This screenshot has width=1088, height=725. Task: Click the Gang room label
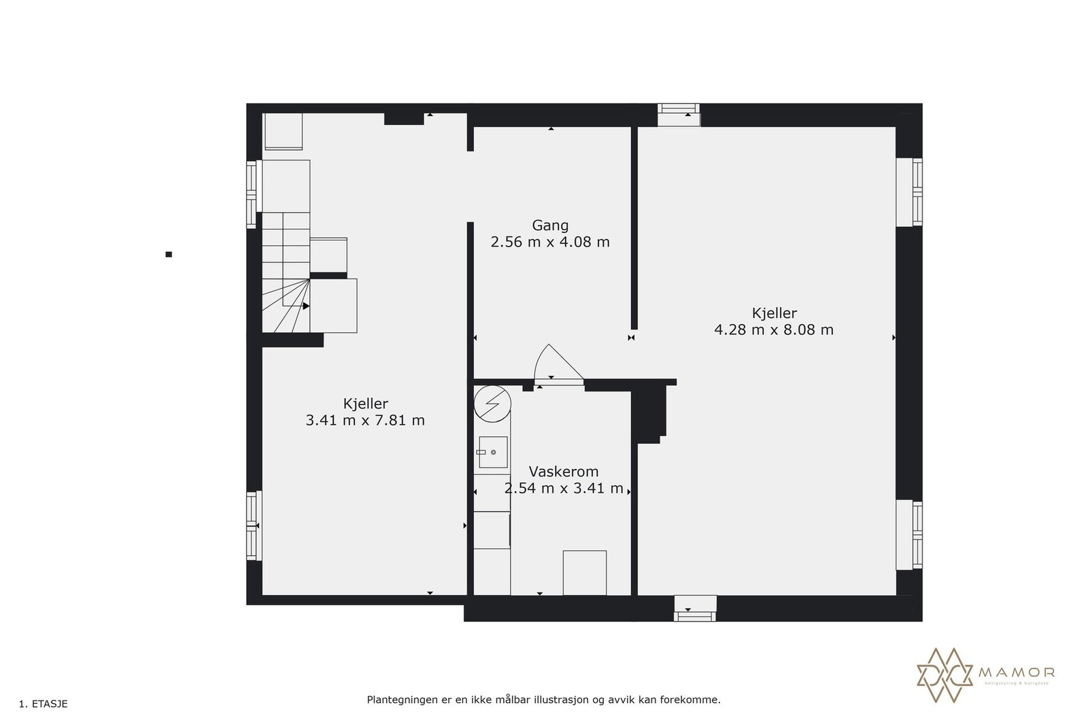click(x=550, y=225)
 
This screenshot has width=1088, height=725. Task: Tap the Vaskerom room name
click(x=564, y=472)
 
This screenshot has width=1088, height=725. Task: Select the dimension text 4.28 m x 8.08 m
click(x=774, y=330)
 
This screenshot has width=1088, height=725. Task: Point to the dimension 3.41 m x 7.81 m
click(x=365, y=421)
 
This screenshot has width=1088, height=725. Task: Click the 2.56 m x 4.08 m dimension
click(x=550, y=242)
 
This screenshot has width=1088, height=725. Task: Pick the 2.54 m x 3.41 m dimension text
click(x=564, y=489)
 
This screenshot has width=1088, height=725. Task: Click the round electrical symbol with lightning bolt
click(x=492, y=403)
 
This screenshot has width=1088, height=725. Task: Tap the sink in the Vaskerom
click(x=493, y=452)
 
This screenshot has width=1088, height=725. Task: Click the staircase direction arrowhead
click(x=306, y=306)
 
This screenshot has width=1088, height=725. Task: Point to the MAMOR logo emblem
click(x=945, y=675)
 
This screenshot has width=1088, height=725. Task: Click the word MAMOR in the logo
click(x=1017, y=673)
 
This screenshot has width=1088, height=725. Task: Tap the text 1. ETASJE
click(x=44, y=704)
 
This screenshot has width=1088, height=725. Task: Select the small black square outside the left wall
click(x=169, y=255)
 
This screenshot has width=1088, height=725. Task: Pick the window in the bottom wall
click(x=695, y=608)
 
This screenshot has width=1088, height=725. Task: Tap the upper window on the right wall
click(x=909, y=192)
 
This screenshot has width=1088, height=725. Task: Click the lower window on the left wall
click(x=254, y=525)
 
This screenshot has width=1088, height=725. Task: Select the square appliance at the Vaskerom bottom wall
click(x=584, y=573)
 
